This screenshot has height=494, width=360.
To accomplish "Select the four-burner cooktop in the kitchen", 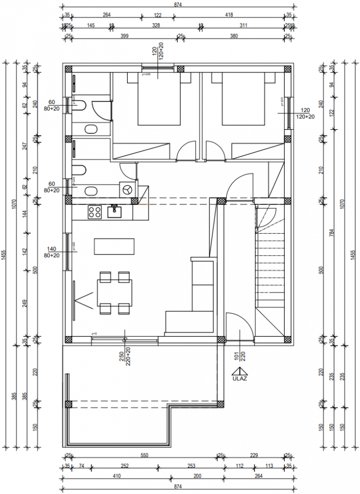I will (x=94, y=210).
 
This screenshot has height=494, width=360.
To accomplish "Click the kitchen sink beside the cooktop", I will (x=114, y=209).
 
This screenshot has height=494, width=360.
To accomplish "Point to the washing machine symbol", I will (x=126, y=189).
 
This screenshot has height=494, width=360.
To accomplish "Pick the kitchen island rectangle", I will (x=114, y=246).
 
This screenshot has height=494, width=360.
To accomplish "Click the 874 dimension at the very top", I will (x=178, y=4).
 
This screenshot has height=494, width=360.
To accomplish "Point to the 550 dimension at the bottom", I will (x=144, y=455).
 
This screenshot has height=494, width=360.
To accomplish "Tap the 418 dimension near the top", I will (x=230, y=15).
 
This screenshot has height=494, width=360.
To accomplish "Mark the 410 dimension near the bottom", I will (x=116, y=476).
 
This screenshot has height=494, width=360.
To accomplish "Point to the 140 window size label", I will (x=52, y=249).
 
